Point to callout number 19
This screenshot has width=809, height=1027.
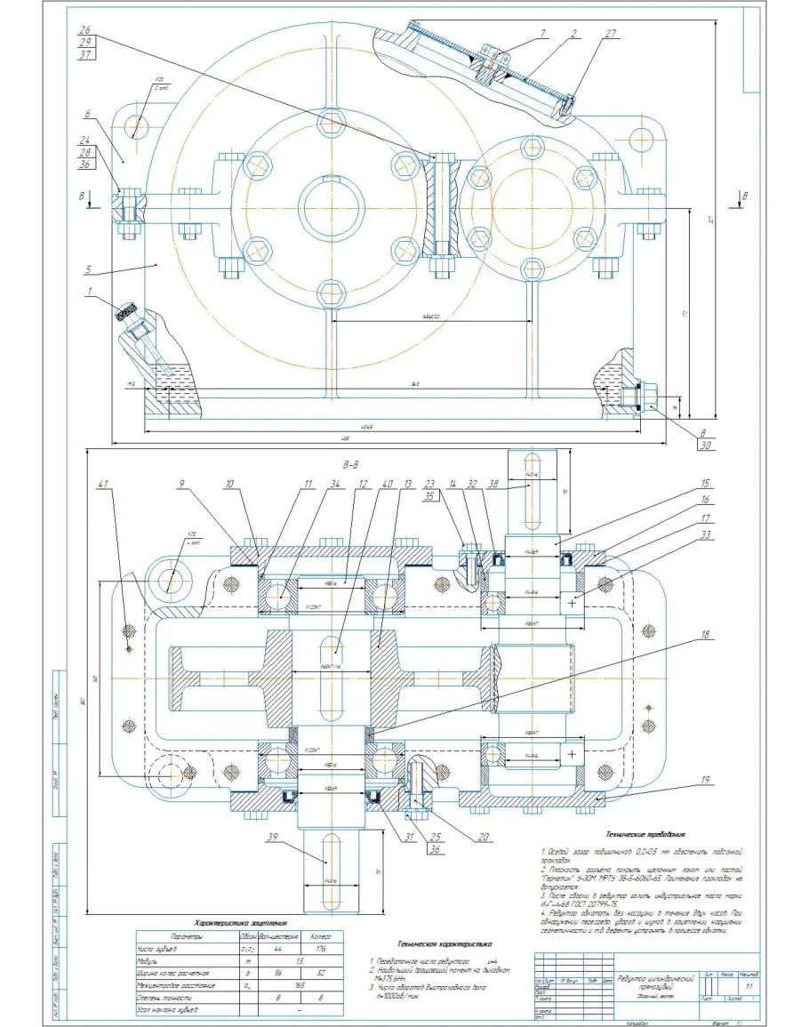click(705, 782)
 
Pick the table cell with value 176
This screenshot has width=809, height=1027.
click(316, 949)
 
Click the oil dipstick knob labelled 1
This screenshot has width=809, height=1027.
click(128, 312)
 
